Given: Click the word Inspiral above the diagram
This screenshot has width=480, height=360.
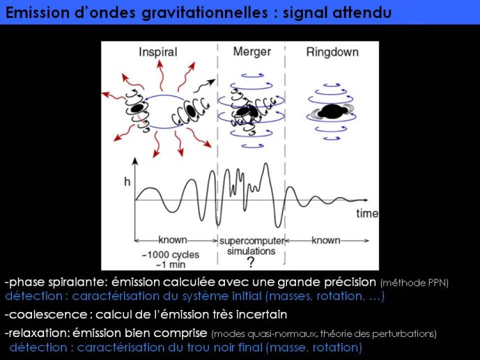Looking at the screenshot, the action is click(x=158, y=52).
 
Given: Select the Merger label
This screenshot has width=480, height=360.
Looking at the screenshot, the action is click(x=252, y=52).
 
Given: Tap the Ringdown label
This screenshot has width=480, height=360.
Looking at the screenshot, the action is click(x=332, y=52).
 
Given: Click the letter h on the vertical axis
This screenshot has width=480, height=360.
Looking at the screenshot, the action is click(x=127, y=182).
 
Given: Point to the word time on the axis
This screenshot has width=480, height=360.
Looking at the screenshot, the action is click(x=367, y=213).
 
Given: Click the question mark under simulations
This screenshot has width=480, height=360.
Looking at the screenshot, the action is click(x=251, y=263).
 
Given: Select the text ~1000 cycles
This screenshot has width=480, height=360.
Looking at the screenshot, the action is click(x=170, y=254).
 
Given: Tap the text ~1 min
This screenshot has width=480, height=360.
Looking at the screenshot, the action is click(x=171, y=265).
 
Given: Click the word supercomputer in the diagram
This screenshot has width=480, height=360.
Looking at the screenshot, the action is click(x=252, y=241).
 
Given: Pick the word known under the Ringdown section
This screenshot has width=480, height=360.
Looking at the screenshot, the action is click(x=326, y=240).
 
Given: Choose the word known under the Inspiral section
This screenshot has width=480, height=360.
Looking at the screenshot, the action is click(x=173, y=240).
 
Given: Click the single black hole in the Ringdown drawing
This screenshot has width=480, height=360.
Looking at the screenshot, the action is click(x=332, y=111).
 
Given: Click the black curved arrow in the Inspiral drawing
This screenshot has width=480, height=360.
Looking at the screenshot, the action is click(x=204, y=86).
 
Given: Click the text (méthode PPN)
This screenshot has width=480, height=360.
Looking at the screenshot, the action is click(x=415, y=283).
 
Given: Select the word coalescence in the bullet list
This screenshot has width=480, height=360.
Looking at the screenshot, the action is click(x=48, y=315).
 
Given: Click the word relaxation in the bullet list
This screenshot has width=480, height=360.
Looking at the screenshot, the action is click(x=40, y=333).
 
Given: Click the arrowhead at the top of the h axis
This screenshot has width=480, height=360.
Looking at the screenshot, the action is click(x=135, y=161).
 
